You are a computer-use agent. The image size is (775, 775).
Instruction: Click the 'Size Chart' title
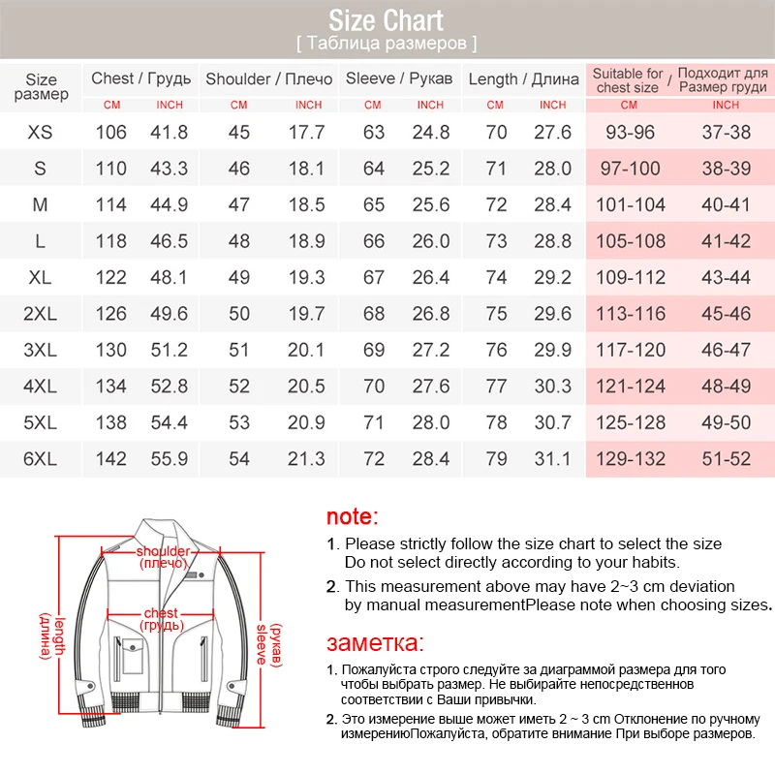coord(387,19)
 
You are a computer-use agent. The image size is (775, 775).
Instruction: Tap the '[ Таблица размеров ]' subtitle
coord(387,44)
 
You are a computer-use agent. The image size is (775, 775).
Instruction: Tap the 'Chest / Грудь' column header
coord(140,78)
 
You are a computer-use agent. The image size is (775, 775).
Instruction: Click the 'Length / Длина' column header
coord(524,78)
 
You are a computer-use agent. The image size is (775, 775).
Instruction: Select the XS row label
coord(41,132)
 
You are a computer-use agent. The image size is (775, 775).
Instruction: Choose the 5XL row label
coord(41,422)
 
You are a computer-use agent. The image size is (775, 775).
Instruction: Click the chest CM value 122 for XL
coord(111,277)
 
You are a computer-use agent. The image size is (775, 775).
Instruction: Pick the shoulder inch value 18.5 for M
coord(307,204)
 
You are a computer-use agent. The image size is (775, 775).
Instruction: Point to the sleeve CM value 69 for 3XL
coord(374,350)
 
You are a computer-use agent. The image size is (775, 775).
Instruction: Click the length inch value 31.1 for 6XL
coord(553,459)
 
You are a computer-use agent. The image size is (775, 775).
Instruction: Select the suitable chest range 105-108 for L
coord(630,241)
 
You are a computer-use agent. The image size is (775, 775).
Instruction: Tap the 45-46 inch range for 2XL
coord(727,314)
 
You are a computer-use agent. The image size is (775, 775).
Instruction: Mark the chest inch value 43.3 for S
coord(170,169)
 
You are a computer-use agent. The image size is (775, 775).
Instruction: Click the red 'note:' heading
coord(353,517)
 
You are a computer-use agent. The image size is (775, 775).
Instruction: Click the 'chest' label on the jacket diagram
coord(161,612)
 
